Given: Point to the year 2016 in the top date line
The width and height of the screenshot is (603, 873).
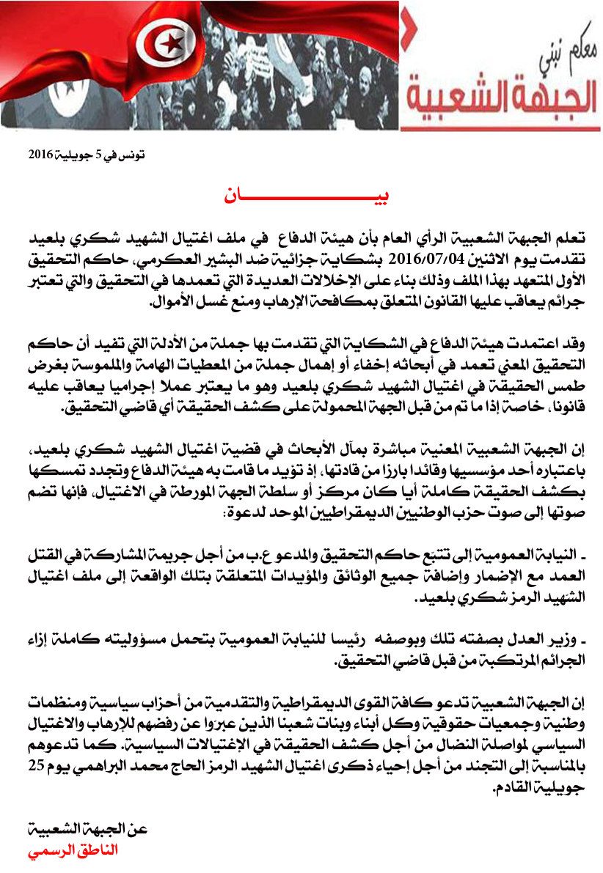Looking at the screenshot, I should [x=42, y=155].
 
